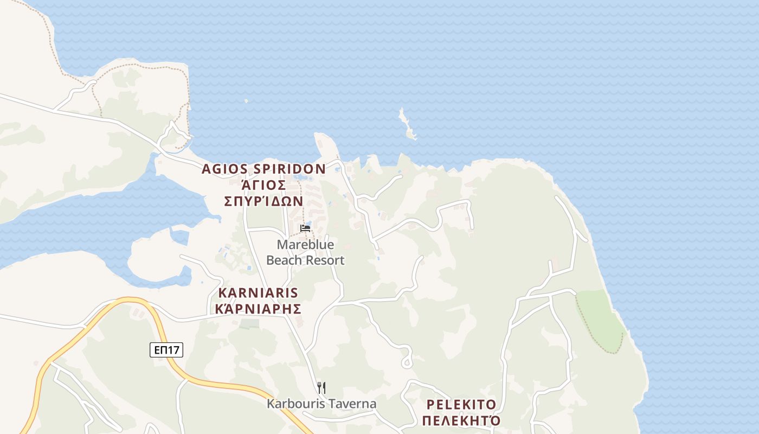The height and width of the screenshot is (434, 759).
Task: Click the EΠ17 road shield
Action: click(166, 350)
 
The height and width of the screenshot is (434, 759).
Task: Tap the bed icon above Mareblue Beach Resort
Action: click(305, 228)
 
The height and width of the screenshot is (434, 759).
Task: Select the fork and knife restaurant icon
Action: click(321, 387)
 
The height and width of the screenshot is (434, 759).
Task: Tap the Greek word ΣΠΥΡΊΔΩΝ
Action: click(263, 201)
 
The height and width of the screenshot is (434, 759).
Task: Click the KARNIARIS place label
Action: click(258, 293)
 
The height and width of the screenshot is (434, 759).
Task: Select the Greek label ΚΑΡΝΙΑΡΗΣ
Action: click(258, 309)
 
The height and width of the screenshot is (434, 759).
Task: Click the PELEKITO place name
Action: click(461, 405)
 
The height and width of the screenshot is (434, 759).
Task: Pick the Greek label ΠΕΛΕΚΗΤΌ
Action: click(461, 420)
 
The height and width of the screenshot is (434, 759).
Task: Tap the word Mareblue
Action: click(305, 245)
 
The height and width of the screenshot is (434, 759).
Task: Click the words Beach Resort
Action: click(305, 260)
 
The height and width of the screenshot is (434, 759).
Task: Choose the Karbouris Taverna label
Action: click(321, 404)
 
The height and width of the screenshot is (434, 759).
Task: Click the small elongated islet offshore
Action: click(407, 124)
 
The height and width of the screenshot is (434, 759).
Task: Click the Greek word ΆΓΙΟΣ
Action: click(263, 185)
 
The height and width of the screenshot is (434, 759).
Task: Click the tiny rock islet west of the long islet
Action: click(246, 100)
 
